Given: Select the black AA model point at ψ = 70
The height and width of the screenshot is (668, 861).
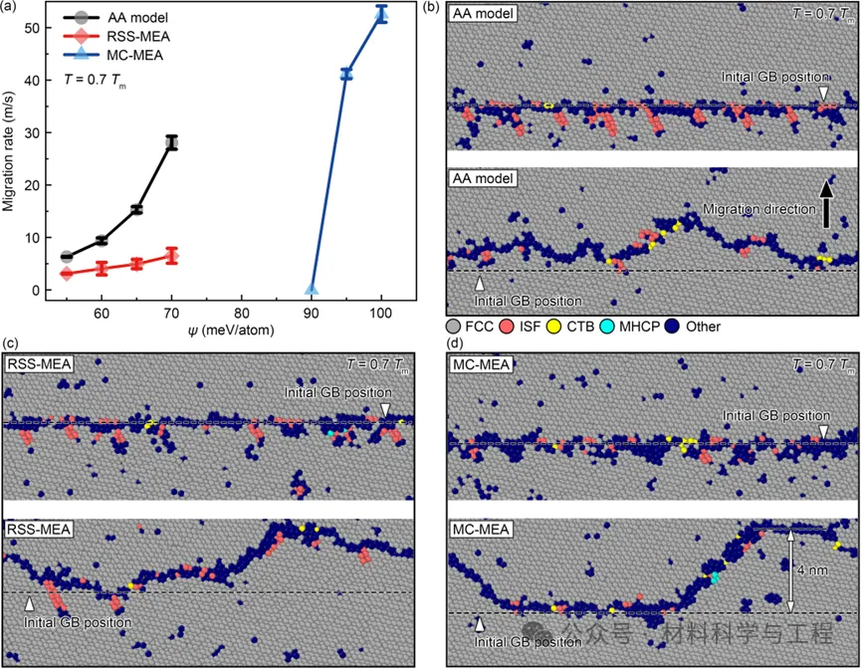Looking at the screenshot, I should click(x=171, y=142).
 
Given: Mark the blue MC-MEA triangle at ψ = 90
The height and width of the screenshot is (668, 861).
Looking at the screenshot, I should click(x=312, y=290).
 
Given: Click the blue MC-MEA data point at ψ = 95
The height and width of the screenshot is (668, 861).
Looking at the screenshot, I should click(x=346, y=74).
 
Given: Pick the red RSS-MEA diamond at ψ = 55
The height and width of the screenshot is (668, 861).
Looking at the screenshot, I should click(x=67, y=274).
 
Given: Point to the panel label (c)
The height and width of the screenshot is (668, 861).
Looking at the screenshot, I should click(x=12, y=344).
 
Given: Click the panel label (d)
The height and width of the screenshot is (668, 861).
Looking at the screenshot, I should click(x=455, y=344).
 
